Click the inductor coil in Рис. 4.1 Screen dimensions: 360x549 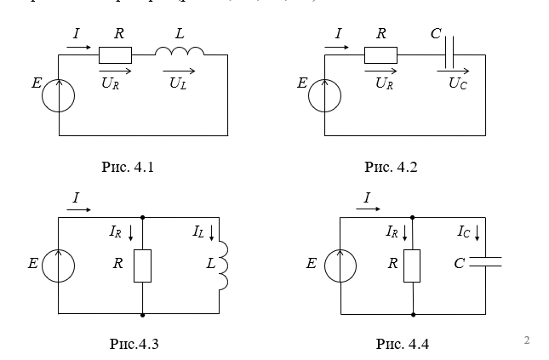click(180, 53)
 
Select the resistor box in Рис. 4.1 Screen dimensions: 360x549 click(115, 55)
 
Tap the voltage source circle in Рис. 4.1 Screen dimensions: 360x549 click(59, 94)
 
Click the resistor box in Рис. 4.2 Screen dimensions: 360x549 click(380, 55)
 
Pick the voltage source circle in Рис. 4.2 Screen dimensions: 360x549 click(324, 94)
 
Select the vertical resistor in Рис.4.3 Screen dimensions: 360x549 click(142, 265)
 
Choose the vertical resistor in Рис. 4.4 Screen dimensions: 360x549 click(412, 265)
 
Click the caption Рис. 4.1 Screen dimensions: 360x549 click(127, 167)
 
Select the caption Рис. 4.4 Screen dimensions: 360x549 click(402, 344)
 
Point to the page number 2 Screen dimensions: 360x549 click(527, 341)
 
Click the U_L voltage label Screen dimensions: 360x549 click(178, 83)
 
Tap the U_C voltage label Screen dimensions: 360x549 click(458, 83)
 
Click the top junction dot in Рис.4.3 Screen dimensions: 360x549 click(142, 217)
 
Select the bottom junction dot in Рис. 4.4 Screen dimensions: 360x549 click(412, 313)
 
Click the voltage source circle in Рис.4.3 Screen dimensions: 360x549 click(59, 265)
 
